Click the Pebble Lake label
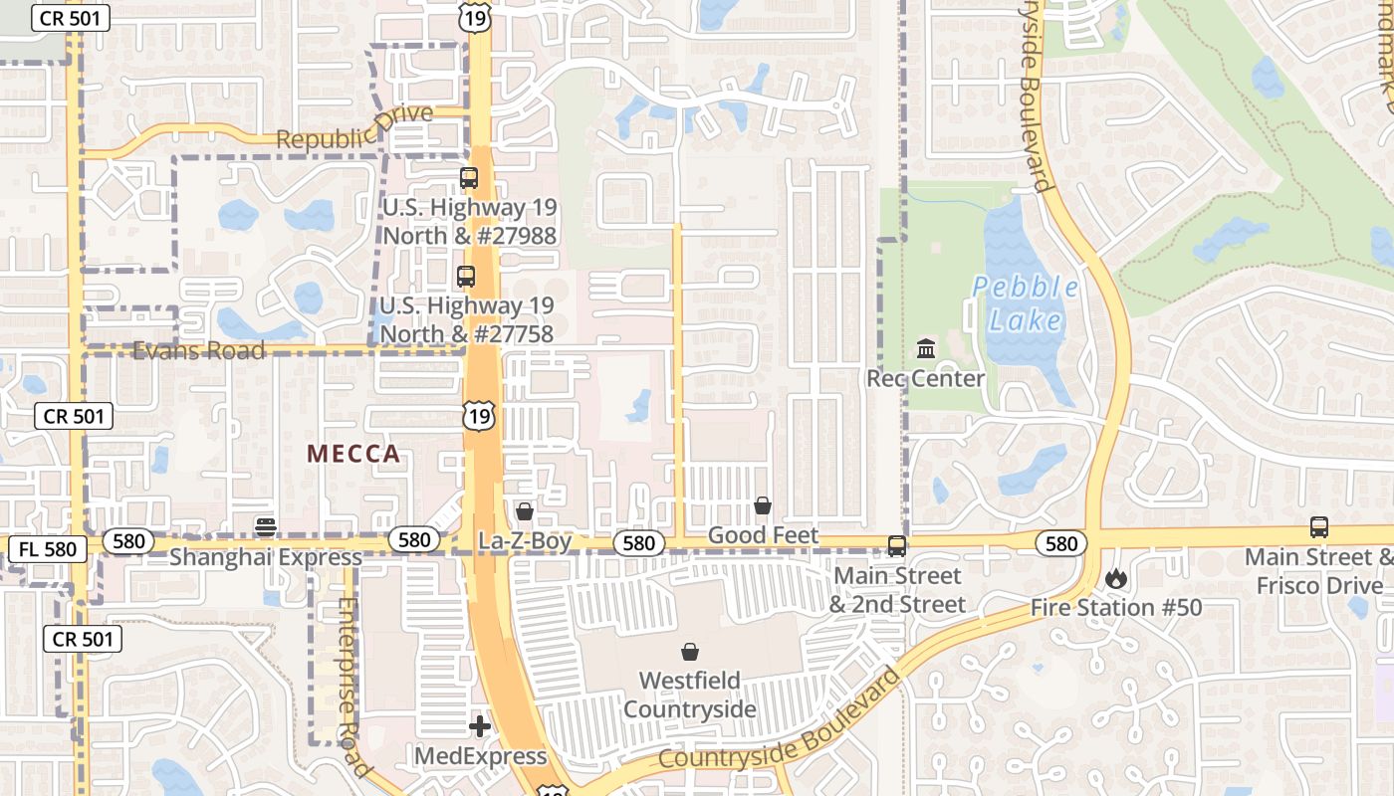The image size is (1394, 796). (1025, 303)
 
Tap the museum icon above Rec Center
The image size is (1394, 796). (926, 349)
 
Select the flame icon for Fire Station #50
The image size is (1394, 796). (1115, 578)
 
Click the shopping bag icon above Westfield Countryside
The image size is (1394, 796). (689, 652)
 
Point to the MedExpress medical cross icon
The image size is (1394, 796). (480, 726)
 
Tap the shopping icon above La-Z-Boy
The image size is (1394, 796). (524, 511)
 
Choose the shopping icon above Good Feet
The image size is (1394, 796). (763, 505)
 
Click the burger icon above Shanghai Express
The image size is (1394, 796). (265, 526)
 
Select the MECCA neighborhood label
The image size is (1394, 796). (353, 455)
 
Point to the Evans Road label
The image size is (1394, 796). (199, 350)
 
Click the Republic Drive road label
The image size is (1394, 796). (354, 128)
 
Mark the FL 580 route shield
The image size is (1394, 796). (47, 548)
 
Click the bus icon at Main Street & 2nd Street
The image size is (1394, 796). (897, 545)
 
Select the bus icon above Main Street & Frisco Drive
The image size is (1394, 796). (1319, 527)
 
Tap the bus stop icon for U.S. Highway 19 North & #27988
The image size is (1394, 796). (468, 179)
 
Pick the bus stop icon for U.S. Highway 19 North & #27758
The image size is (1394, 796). (465, 277)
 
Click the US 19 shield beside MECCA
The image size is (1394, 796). (479, 416)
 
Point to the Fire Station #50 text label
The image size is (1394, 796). (1116, 607)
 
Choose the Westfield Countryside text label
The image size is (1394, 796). (689, 695)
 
